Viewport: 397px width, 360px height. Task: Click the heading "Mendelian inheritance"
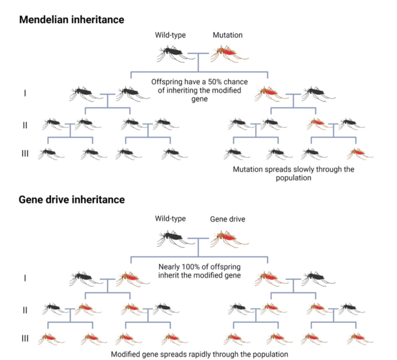tap(72, 20)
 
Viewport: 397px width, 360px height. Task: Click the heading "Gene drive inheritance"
tap(72, 199)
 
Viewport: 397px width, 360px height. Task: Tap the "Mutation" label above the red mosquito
tap(228, 35)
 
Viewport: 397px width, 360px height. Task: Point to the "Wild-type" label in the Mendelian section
tap(171, 35)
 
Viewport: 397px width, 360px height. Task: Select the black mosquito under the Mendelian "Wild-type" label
tap(174, 53)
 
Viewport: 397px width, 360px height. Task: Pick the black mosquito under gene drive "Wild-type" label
tap(174, 237)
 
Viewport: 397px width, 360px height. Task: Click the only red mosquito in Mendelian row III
tap(358, 153)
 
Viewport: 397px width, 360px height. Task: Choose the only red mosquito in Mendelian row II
tap(318, 124)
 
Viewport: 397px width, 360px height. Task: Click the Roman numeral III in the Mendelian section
tap(25, 154)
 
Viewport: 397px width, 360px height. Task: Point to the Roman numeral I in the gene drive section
tap(25, 278)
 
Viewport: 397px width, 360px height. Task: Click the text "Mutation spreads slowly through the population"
tap(293, 173)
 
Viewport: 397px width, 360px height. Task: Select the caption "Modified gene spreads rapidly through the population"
tap(199, 355)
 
